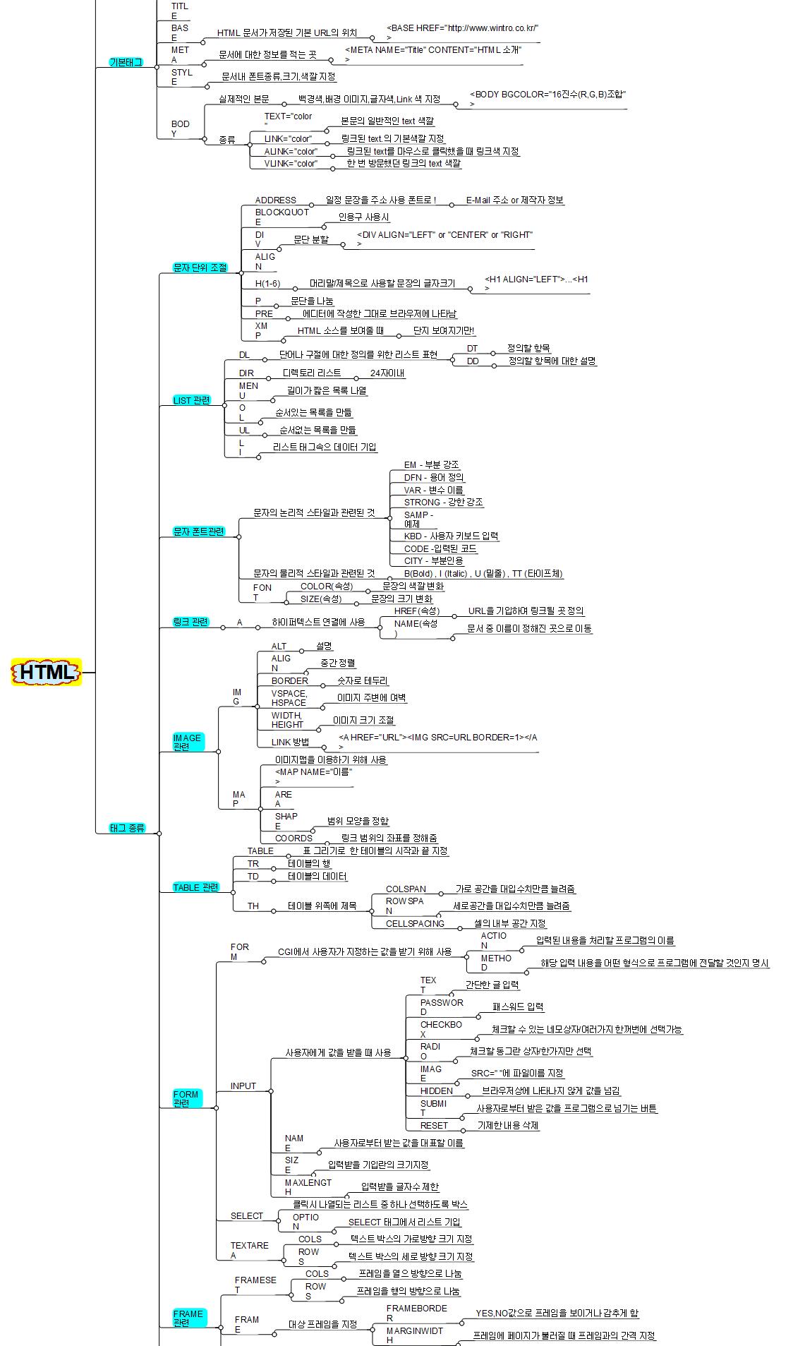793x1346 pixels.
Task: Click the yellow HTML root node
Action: pyautogui.click(x=47, y=672)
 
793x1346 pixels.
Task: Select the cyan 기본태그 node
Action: pyautogui.click(x=126, y=62)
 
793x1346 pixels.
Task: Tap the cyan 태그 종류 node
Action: pyautogui.click(x=127, y=828)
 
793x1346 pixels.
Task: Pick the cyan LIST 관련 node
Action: pyautogui.click(x=192, y=400)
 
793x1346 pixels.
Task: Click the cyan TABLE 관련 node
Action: pyautogui.click(x=196, y=887)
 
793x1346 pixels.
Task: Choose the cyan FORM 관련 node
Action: pyautogui.click(x=186, y=1098)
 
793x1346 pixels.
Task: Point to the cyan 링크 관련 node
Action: pyautogui.click(x=190, y=622)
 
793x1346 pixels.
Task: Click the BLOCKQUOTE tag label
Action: pyautogui.click(x=282, y=216)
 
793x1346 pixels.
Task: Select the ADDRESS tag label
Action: pyautogui.click(x=275, y=200)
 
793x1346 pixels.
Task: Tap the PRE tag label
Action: pyautogui.click(x=264, y=313)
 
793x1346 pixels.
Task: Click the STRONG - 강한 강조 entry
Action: pyautogui.click(x=443, y=502)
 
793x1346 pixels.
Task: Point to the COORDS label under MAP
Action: pyautogui.click(x=293, y=838)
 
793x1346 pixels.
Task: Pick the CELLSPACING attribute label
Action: pyautogui.click(x=415, y=923)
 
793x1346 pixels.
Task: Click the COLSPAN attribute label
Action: pyautogui.click(x=406, y=889)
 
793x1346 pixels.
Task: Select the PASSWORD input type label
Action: pyautogui.click(x=442, y=1007)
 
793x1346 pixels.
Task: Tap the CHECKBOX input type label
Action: pyautogui.click(x=441, y=1029)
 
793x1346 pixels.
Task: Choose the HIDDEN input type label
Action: pyautogui.click(x=437, y=1090)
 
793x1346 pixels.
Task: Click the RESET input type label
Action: pyautogui.click(x=434, y=1125)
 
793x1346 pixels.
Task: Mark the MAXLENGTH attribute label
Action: pyautogui.click(x=308, y=1186)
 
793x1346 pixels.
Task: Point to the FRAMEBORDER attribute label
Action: pyautogui.click(x=416, y=1313)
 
